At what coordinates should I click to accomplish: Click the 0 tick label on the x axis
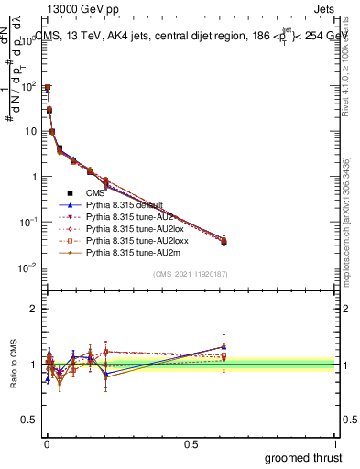(x=46, y=443)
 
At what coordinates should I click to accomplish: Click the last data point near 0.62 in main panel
(x=224, y=242)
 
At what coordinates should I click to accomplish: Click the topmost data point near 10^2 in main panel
(x=47, y=87)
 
